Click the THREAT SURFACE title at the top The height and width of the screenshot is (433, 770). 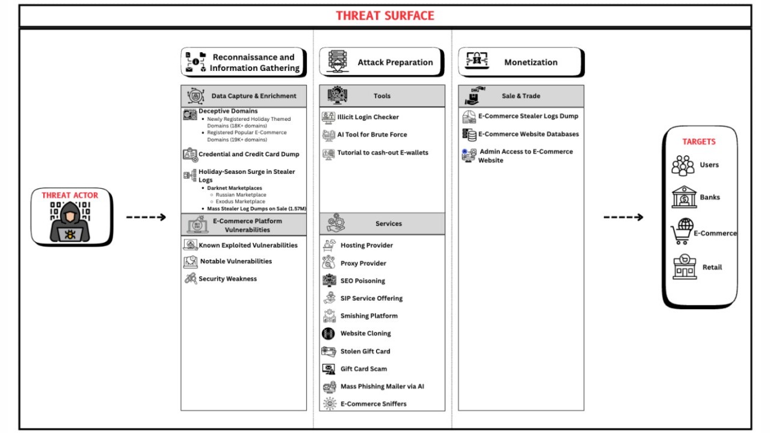(x=384, y=16)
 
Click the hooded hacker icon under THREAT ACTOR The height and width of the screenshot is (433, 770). (x=70, y=222)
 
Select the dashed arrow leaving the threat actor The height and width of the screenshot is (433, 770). (x=146, y=217)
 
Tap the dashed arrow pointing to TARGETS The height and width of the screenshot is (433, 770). (x=623, y=217)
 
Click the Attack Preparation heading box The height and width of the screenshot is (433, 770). (x=382, y=63)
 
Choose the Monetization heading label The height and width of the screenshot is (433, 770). (x=531, y=63)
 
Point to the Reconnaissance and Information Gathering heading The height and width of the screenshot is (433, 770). (x=254, y=63)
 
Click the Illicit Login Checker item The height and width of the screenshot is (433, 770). (x=368, y=117)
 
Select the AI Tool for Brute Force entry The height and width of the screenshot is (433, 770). (x=372, y=135)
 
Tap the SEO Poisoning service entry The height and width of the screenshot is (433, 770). (x=362, y=281)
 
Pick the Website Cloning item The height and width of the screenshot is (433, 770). (x=365, y=333)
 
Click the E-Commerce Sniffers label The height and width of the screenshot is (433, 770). (x=373, y=404)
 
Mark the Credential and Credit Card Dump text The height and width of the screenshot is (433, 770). (x=248, y=155)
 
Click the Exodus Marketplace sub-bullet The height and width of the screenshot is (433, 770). (x=241, y=201)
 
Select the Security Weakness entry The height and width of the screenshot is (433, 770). (x=227, y=279)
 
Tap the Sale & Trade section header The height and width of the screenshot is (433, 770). (x=521, y=96)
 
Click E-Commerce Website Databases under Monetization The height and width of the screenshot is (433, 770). (x=528, y=134)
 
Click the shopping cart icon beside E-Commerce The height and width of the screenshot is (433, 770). (x=682, y=232)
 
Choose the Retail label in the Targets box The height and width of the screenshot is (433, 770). (x=712, y=267)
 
